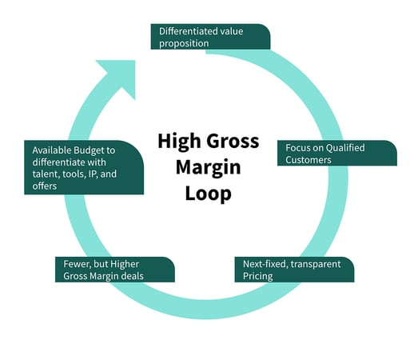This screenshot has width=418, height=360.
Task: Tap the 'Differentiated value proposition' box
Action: click(210, 36)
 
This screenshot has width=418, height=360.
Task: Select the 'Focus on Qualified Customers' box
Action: click(340, 153)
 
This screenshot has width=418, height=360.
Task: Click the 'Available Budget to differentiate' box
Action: click(83, 168)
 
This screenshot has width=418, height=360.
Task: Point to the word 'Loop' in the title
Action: click(208, 192)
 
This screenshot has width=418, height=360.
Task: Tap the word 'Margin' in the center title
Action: click(208, 167)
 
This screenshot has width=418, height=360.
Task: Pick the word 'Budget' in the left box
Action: click(88, 150)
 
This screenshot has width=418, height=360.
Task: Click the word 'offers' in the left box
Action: click(46, 187)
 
